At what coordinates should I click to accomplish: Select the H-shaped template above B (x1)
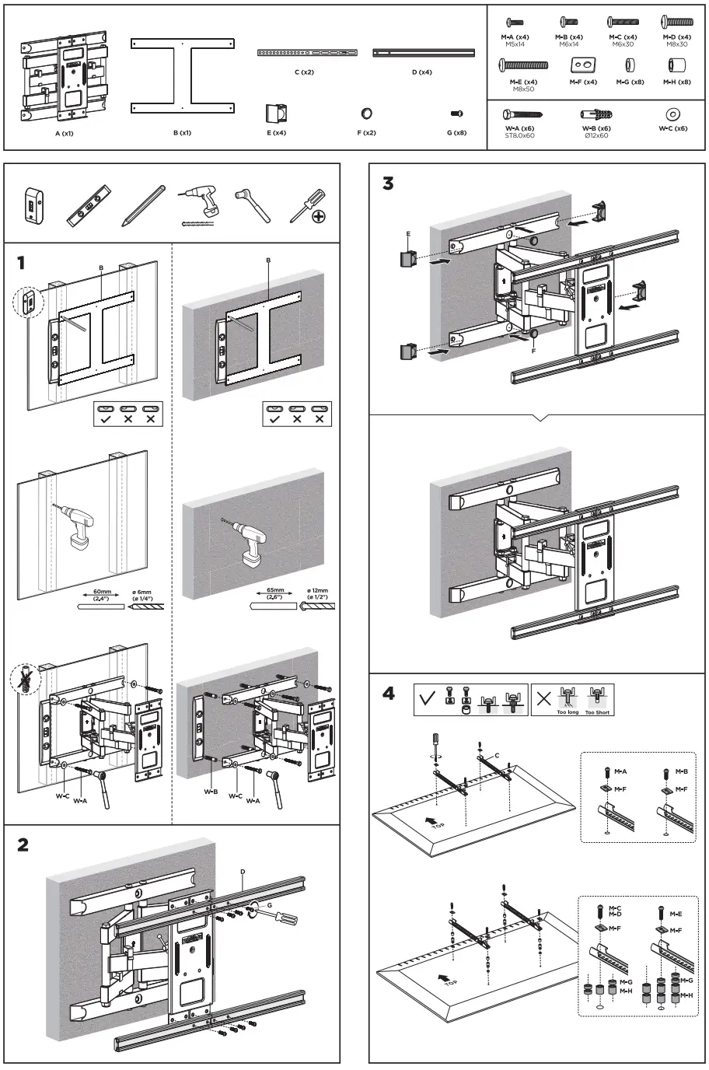(182, 76)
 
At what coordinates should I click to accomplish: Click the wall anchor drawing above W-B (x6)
(596, 114)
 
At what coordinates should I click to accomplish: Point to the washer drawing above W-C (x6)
(672, 114)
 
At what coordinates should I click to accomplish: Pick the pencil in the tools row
(143, 205)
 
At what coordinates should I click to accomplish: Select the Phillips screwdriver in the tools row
(307, 205)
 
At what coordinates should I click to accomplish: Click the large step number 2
(23, 844)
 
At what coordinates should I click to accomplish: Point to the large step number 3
(388, 184)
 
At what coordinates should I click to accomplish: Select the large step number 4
(389, 693)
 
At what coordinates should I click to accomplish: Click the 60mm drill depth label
(102, 593)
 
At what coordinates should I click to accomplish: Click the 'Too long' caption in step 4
(568, 712)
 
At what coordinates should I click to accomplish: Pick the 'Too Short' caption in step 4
(597, 712)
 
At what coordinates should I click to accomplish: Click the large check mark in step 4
(427, 698)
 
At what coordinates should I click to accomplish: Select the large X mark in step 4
(544, 698)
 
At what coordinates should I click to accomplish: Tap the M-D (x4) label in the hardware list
(676, 37)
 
